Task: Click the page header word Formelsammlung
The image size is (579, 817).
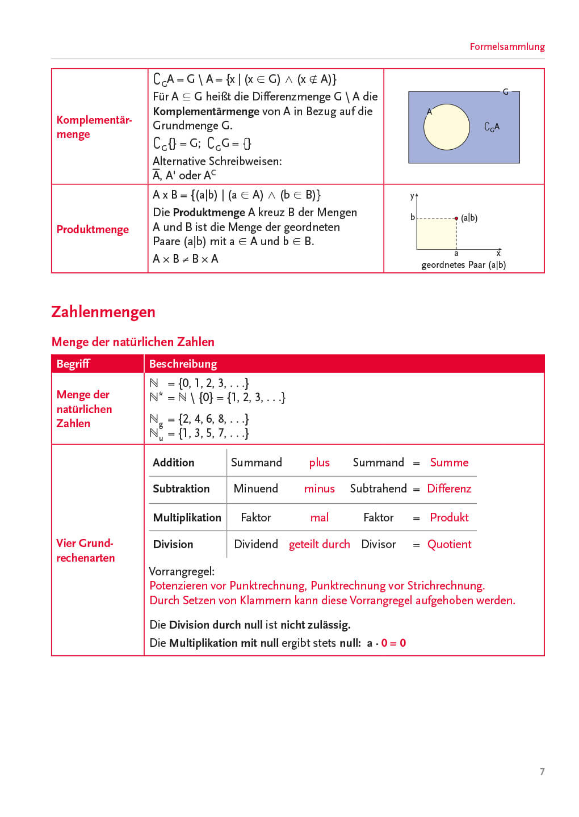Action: tap(507, 47)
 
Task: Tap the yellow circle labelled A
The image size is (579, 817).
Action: tap(447, 127)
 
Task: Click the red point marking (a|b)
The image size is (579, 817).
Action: tap(456, 218)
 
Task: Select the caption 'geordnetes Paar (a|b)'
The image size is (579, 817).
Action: tap(463, 265)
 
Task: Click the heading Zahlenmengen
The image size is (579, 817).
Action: tap(103, 311)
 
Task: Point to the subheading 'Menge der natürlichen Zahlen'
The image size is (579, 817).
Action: tap(133, 342)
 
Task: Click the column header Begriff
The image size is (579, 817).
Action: tap(73, 364)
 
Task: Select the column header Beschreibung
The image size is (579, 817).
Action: tap(183, 364)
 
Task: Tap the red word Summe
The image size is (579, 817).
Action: tap(449, 462)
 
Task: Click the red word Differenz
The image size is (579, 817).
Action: tap(449, 488)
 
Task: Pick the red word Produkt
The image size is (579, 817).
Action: tap(449, 517)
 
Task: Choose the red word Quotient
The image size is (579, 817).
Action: tap(449, 544)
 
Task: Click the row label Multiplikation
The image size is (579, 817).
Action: tap(187, 517)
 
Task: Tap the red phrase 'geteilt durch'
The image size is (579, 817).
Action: tap(319, 544)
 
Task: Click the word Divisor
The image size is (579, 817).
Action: tap(378, 544)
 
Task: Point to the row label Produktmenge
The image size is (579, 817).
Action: tap(93, 229)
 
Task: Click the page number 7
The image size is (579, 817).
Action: tap(542, 772)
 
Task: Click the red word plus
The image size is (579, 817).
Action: tap(319, 462)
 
